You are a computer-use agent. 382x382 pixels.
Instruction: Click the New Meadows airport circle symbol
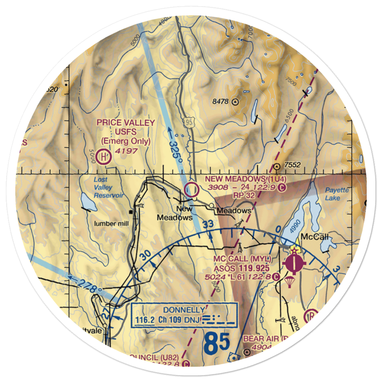pyautogui.click(x=191, y=189)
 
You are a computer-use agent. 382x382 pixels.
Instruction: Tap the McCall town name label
pyautogui.click(x=315, y=237)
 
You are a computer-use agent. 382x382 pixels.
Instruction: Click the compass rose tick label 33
pyautogui.click(x=207, y=225)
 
